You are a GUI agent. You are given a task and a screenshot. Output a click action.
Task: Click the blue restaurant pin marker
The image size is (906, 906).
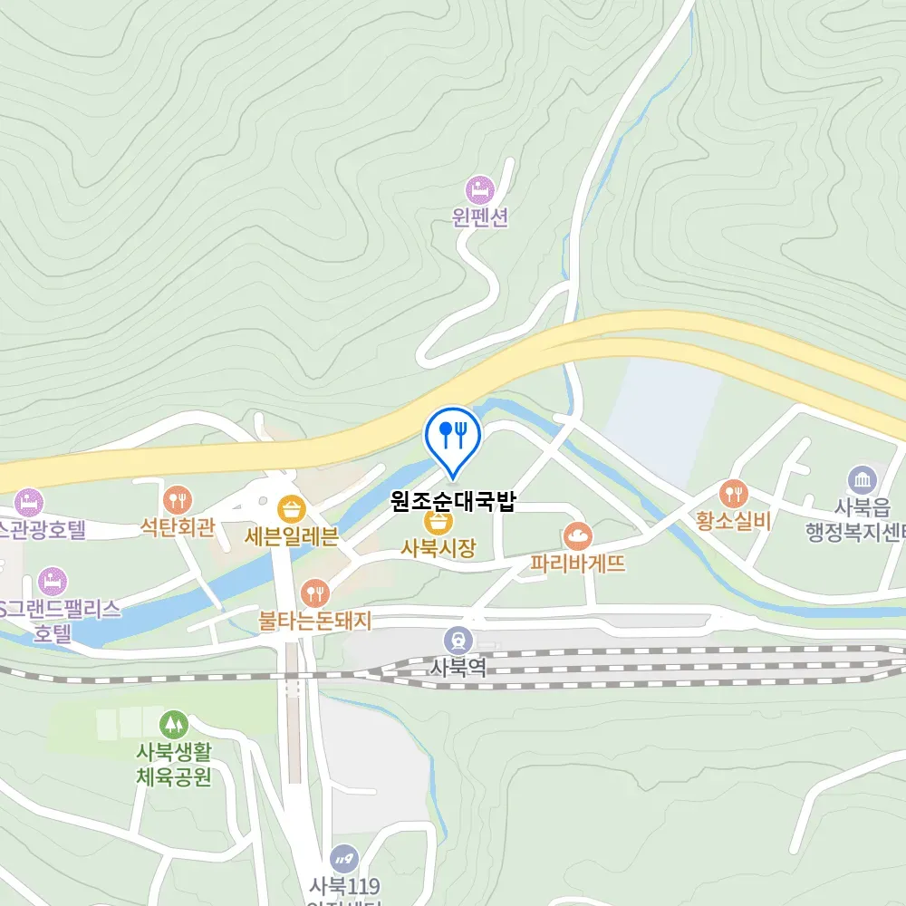[453, 435]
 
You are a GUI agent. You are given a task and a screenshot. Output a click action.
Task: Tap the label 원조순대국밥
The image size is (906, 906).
[453, 501]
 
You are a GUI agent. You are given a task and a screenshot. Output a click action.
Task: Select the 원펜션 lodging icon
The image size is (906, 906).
[479, 190]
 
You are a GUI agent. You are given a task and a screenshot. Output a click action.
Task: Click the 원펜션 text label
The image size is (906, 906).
[480, 218]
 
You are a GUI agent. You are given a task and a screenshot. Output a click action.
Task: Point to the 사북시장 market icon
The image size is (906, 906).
[439, 522]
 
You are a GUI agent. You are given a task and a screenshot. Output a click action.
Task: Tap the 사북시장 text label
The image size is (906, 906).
[439, 547]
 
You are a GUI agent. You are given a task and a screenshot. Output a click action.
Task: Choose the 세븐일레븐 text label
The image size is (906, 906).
[291, 535]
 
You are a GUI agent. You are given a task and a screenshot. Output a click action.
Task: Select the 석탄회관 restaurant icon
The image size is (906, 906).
[178, 498]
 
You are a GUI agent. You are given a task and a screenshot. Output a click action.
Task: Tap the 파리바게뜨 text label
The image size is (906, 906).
[579, 564]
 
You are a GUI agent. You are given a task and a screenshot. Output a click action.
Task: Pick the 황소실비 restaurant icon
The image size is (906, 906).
[733, 494]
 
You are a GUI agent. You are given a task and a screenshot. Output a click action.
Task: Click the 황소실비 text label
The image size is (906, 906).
[734, 521]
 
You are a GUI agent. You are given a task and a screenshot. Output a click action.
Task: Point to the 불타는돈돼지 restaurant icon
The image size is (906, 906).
[315, 593]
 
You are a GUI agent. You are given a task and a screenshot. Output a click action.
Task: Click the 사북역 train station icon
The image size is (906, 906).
[458, 641]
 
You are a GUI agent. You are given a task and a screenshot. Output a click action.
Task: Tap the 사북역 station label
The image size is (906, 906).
[458, 668]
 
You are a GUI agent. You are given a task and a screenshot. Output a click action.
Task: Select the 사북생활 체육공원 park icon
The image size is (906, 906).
[172, 725]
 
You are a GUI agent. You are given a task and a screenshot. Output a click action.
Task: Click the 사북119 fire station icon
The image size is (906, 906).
[344, 858]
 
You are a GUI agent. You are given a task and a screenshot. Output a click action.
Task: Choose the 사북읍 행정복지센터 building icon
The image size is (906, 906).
[862, 480]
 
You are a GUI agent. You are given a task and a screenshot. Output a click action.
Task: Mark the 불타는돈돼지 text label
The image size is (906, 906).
[315, 621]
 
